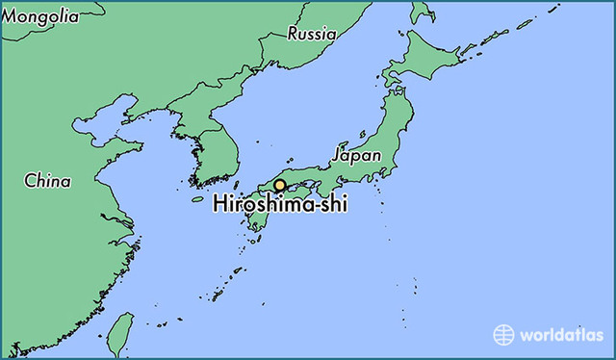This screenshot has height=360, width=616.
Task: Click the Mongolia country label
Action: [41, 15]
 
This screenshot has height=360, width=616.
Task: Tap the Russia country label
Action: [312, 34]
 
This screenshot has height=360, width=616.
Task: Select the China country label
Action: [47, 179]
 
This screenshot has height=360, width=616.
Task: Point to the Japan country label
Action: [356, 154]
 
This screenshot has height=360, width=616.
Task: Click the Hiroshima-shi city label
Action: [280, 204]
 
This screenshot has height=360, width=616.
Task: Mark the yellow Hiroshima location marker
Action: [280, 185]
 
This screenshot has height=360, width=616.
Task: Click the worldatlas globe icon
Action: [504, 334]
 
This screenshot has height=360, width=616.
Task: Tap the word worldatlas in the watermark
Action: [560, 335]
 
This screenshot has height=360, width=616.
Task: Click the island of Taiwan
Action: [119, 332]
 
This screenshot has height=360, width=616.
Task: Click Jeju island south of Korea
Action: [198, 199]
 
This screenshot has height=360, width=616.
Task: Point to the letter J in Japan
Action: [337, 155]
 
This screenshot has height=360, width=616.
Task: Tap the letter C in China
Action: [30, 180]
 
